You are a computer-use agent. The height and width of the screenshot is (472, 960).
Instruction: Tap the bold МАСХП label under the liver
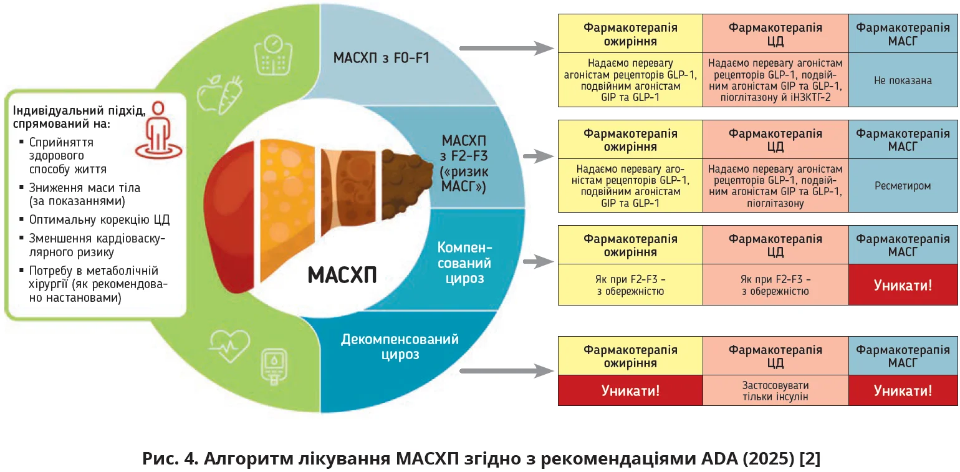point(342,275)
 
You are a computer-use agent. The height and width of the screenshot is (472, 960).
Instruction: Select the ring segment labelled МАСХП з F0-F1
point(382,59)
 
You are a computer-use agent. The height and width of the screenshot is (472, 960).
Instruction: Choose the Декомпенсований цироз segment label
point(400,347)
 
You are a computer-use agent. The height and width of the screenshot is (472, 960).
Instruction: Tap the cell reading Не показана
point(903,80)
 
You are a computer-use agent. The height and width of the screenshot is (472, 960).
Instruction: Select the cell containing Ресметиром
point(903,186)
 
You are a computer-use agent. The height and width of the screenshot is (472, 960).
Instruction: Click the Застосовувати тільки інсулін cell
point(775,391)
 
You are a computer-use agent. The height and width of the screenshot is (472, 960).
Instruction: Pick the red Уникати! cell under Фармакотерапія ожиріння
point(630,391)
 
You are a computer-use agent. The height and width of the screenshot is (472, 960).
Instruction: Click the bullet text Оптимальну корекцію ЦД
point(99,219)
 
